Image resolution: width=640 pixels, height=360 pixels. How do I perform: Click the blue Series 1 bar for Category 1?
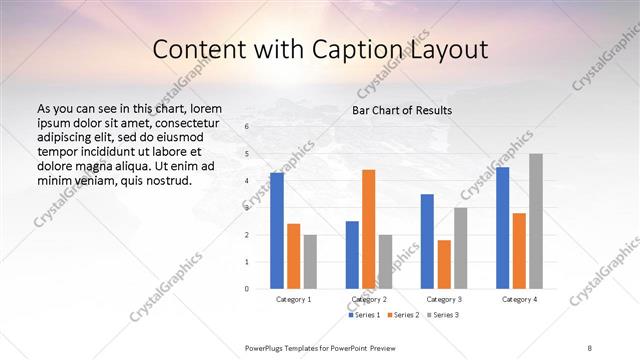click(x=277, y=231)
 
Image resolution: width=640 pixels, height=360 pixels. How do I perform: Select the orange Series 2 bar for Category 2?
click(x=368, y=229)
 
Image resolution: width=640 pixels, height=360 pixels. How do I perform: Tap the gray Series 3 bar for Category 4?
click(x=536, y=221)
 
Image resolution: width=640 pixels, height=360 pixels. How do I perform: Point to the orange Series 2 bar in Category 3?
click(x=444, y=264)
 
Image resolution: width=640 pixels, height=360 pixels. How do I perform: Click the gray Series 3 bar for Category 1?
click(x=310, y=261)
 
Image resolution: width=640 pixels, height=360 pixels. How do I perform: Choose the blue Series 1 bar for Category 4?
click(x=502, y=228)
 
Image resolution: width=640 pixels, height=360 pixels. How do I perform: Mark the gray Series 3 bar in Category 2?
click(x=385, y=261)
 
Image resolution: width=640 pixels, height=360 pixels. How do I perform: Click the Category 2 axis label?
click(x=369, y=299)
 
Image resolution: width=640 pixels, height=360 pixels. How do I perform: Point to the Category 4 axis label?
click(x=519, y=299)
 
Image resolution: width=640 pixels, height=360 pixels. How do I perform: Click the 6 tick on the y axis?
click(x=247, y=127)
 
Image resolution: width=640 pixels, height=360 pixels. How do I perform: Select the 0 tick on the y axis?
click(x=247, y=289)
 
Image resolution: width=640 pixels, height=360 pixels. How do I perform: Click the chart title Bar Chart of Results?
click(x=401, y=110)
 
